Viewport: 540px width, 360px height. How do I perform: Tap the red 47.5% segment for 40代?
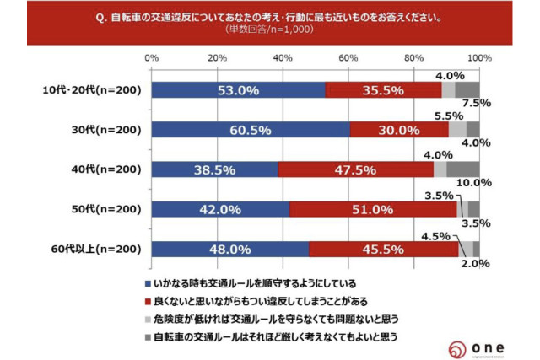(355, 169)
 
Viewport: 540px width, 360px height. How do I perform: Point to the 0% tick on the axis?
(153, 57)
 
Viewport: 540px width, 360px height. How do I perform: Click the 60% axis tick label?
(348, 57)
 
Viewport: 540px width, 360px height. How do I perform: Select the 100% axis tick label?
(478, 57)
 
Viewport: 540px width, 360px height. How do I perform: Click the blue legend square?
(148, 283)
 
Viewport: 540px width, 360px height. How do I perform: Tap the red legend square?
(148, 301)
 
